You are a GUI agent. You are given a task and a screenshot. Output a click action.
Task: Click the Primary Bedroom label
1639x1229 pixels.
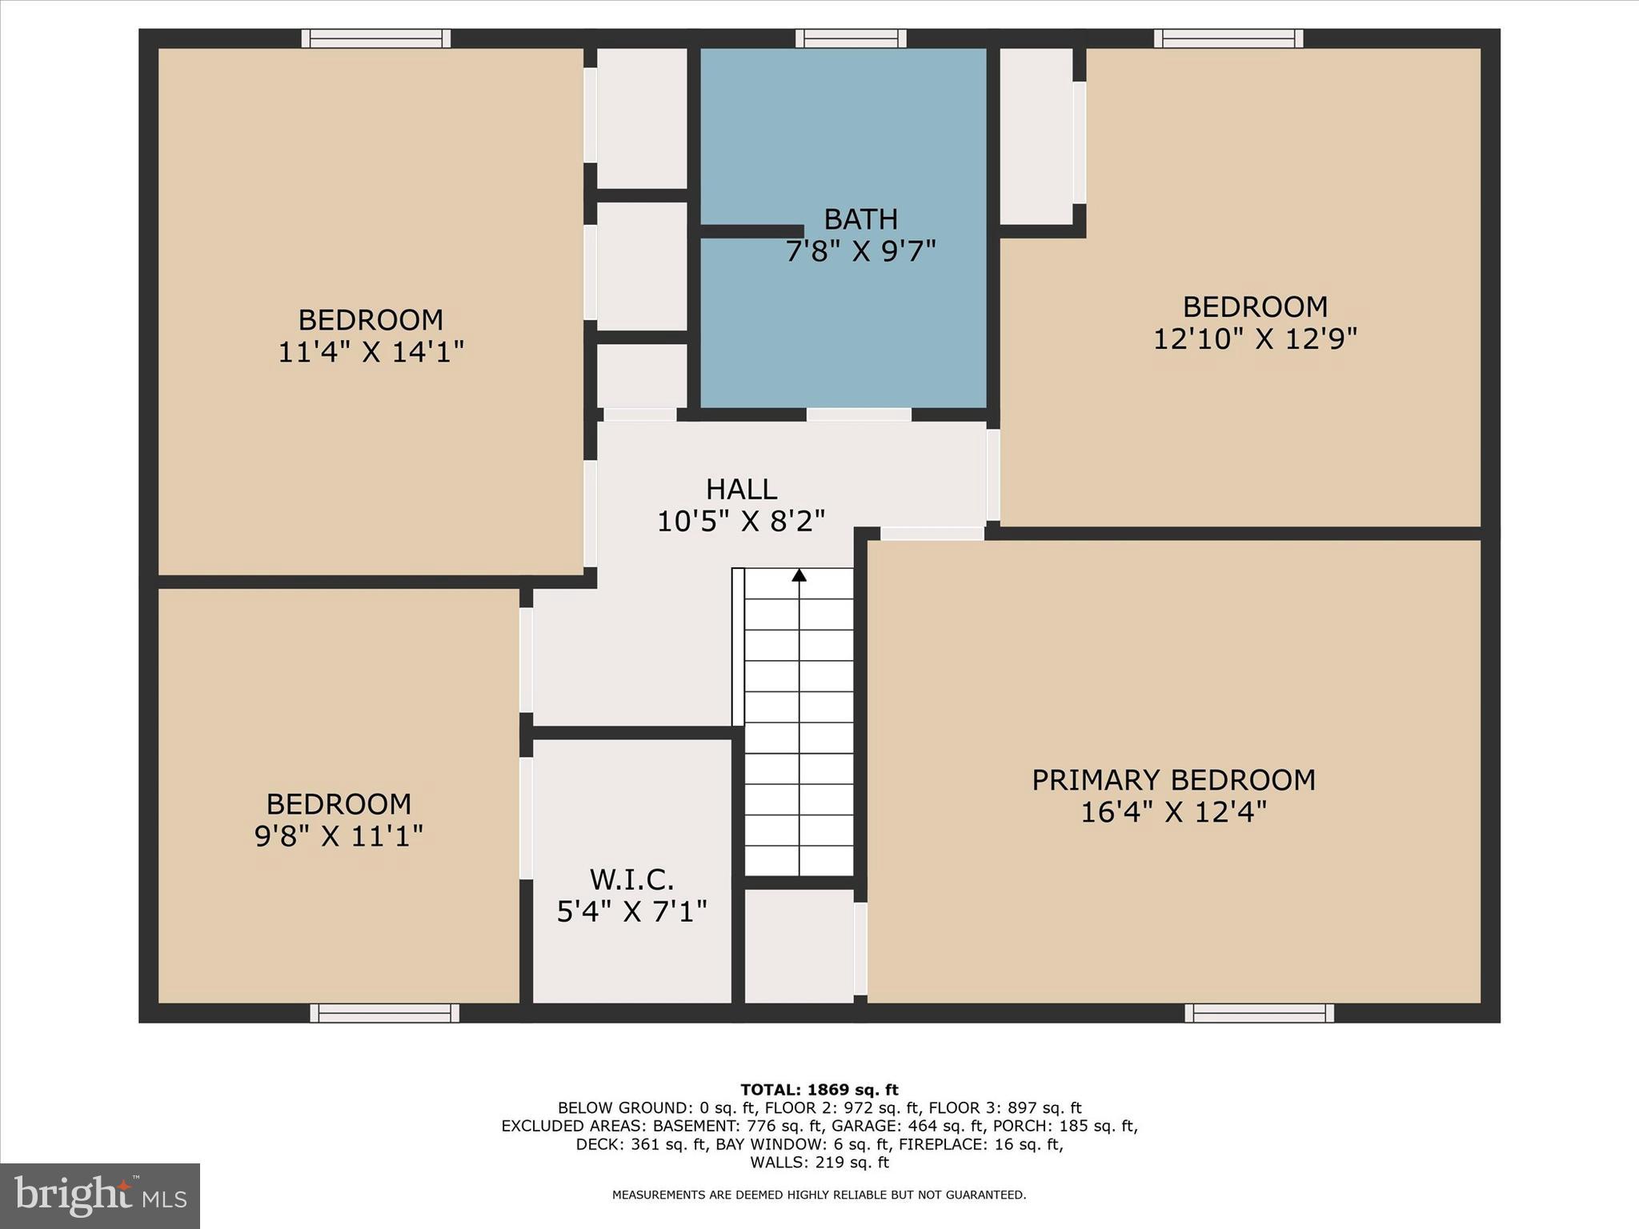point(1173,780)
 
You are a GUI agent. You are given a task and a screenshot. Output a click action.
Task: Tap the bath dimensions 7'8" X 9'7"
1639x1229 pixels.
point(860,251)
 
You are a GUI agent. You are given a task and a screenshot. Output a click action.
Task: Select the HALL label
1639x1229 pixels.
point(741,489)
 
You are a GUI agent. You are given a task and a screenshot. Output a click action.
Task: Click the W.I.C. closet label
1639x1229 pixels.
point(631,879)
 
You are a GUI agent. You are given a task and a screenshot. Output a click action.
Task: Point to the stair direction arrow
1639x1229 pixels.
point(799,575)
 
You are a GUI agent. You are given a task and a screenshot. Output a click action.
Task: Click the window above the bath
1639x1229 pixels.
point(851,38)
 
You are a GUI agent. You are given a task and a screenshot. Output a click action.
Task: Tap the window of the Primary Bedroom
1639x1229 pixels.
point(1259,1013)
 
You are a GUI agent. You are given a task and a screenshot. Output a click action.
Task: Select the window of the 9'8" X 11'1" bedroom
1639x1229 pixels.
point(384,1013)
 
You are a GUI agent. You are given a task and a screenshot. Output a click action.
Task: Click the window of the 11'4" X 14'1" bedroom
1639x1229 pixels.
point(375,38)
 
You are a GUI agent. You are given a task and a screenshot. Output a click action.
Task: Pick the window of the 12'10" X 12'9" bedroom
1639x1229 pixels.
point(1228,38)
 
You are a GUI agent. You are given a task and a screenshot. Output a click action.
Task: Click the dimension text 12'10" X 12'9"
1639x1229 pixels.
point(1255,339)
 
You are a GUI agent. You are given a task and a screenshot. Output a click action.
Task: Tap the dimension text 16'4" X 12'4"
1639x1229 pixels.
point(1173,812)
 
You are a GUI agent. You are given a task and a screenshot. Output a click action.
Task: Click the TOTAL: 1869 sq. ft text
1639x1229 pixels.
point(819,1090)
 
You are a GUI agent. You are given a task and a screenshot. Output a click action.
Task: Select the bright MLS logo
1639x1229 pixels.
point(100,1195)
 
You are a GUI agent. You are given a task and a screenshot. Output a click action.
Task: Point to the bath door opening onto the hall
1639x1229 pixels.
point(859,414)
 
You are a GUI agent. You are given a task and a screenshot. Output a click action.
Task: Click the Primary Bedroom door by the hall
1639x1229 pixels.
point(932,534)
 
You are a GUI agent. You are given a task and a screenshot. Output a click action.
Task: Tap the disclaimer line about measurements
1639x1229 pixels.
point(819,1195)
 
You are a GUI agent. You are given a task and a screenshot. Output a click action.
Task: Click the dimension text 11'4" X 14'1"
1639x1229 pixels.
point(371,352)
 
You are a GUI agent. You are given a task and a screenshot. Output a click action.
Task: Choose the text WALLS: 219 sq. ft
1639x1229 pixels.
point(819,1163)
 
